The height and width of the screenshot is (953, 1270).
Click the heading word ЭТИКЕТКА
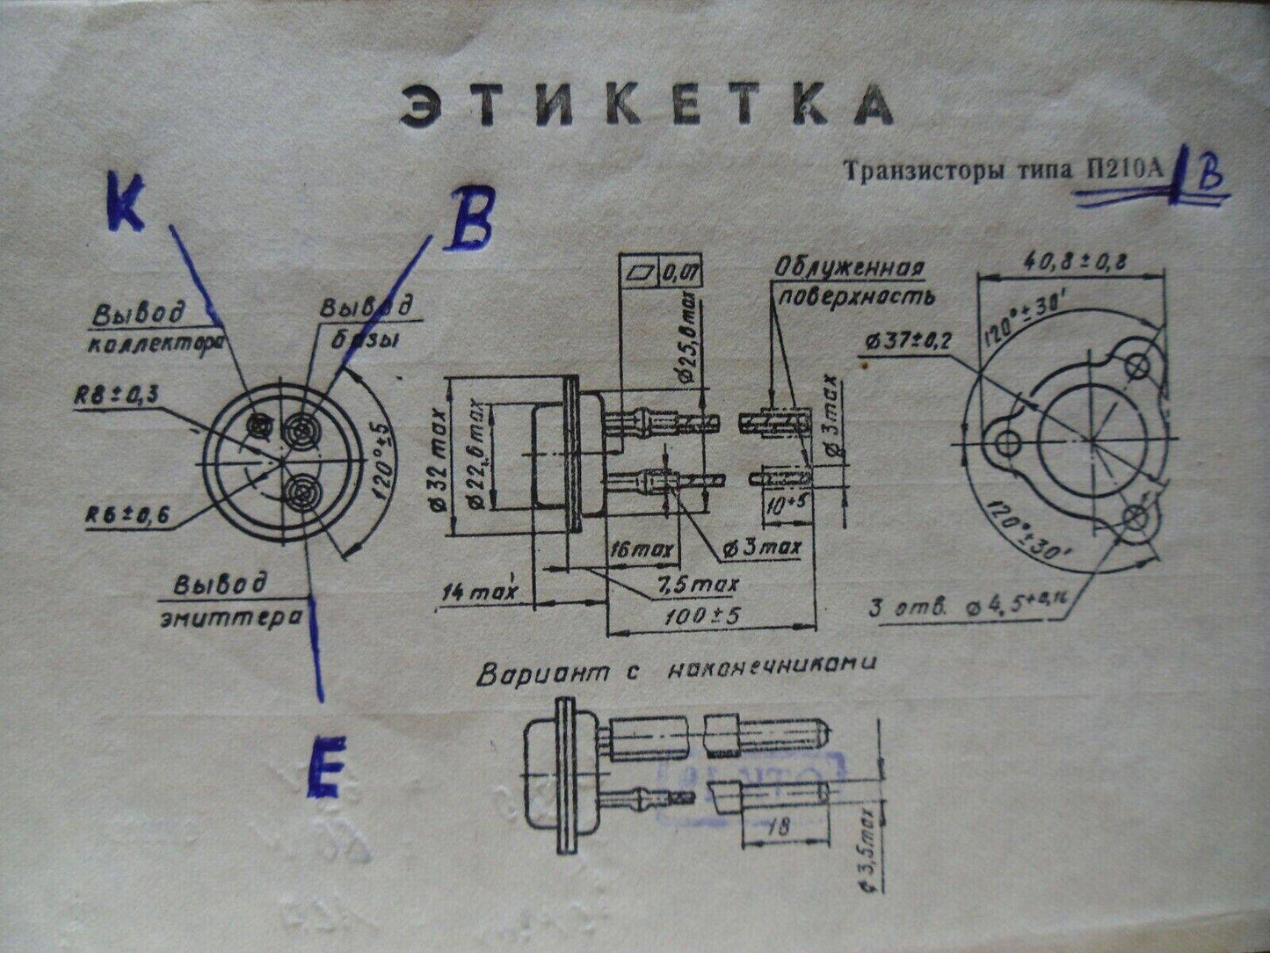646,105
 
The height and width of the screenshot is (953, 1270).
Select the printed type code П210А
1127,171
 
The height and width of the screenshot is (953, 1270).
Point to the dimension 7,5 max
700,584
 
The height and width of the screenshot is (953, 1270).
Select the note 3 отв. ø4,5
967,606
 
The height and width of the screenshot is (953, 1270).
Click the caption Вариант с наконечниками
675,673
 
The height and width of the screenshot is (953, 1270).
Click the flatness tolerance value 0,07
679,274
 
